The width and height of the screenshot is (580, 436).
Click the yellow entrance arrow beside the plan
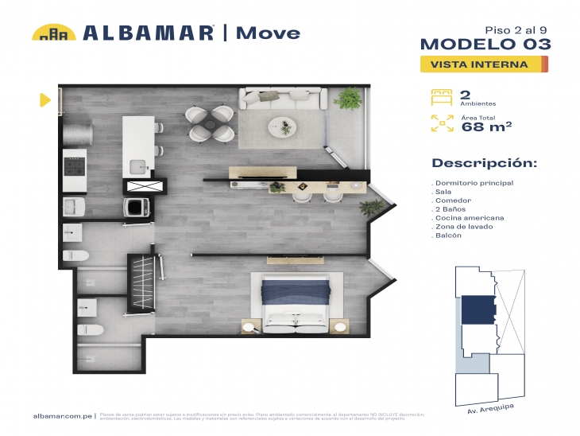pos(44,99)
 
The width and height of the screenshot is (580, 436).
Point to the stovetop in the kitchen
pos(75,167)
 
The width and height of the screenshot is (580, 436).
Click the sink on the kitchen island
pos(138,166)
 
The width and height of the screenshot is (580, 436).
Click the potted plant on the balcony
pos(348,99)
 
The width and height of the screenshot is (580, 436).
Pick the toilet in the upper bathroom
pos(75,255)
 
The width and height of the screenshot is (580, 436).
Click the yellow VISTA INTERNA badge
pos(483,64)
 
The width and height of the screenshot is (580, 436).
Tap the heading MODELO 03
pos(484,44)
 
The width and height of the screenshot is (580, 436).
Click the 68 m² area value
pos(486,125)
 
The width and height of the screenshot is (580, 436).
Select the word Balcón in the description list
pos(449,236)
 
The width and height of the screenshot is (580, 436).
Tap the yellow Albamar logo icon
pos(53,33)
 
